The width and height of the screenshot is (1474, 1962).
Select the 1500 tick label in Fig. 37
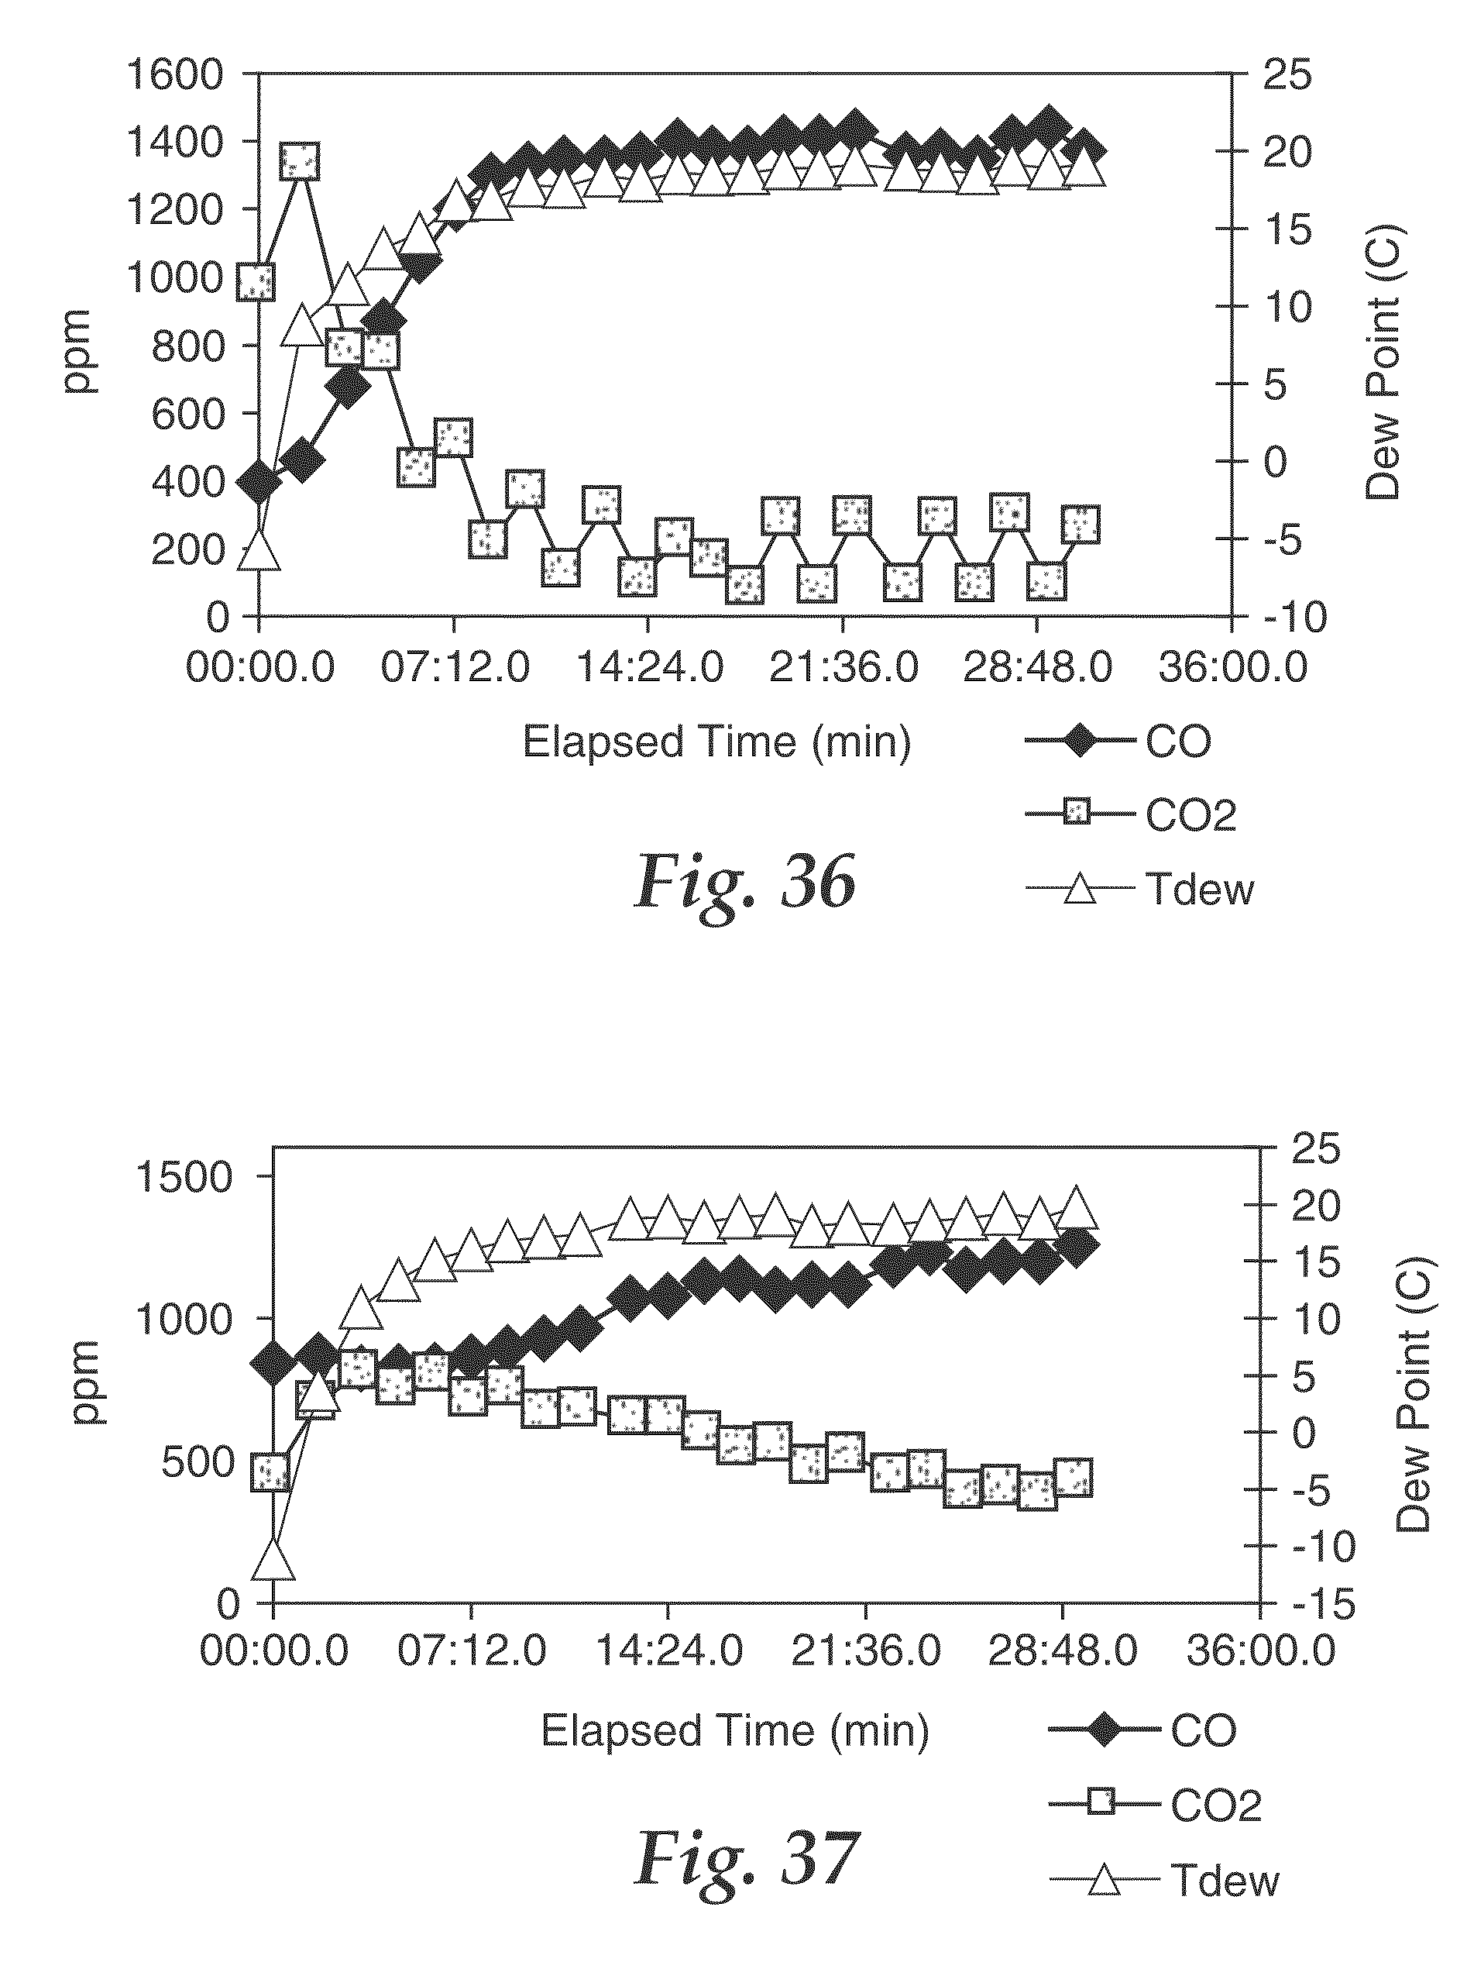coord(183,1177)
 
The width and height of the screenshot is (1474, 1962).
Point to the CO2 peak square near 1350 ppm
coord(301,161)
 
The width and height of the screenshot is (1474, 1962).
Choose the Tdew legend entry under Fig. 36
coord(1140,889)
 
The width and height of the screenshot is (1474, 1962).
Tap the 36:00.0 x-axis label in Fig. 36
coord(1233,668)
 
